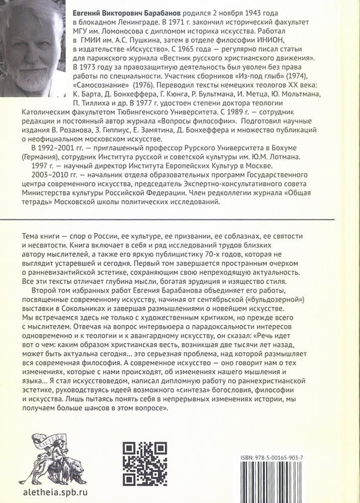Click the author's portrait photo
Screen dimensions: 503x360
(x=33, y=48)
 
